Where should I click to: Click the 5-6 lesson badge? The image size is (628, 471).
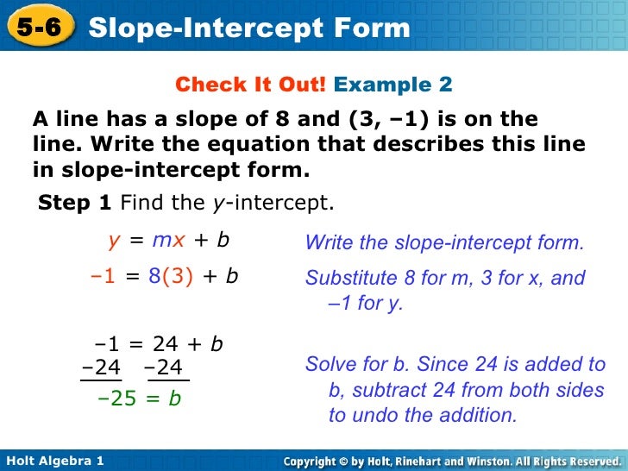38,28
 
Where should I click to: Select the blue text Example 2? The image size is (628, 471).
392,85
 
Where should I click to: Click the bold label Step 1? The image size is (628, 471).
76,204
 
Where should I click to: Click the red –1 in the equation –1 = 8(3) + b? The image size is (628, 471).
103,277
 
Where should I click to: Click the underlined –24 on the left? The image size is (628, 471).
101,368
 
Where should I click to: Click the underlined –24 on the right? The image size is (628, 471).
165,368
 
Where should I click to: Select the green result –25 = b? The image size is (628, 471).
140,399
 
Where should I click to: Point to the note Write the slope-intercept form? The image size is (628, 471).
444,243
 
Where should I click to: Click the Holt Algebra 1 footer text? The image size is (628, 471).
54,461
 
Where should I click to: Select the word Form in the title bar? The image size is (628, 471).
372,28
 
